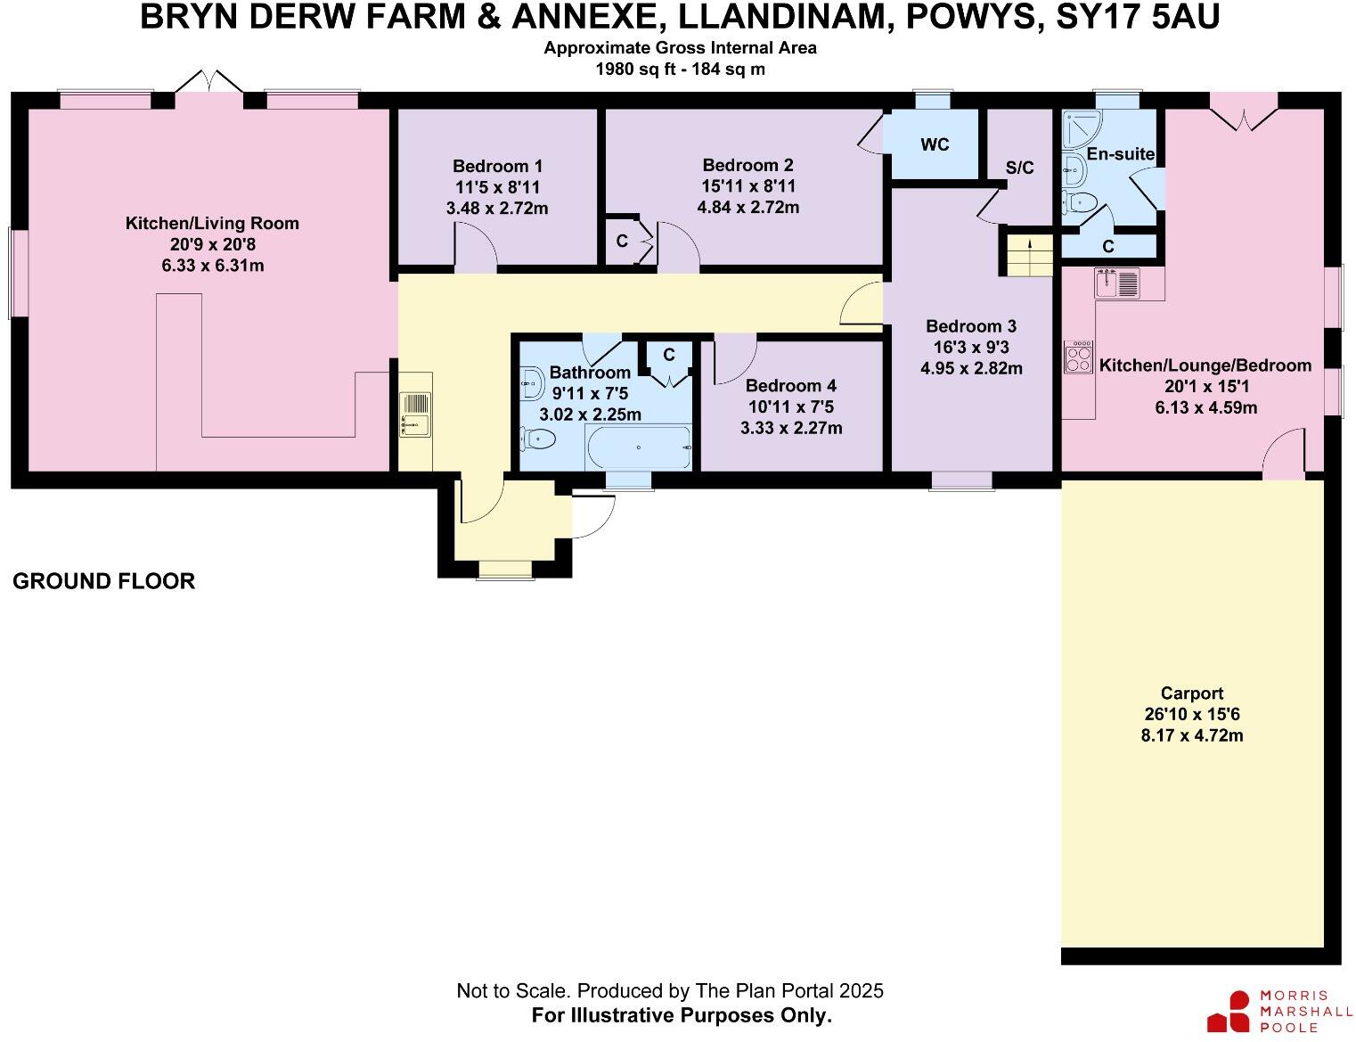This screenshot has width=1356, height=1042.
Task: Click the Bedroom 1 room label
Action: [x=497, y=166]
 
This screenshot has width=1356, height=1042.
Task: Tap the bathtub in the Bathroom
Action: [x=638, y=447]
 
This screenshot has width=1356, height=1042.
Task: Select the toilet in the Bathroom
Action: [x=538, y=439]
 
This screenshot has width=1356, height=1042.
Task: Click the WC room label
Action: [x=935, y=144]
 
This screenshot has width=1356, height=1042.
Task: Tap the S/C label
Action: [x=1020, y=168]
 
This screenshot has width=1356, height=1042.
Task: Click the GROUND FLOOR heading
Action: [x=103, y=581]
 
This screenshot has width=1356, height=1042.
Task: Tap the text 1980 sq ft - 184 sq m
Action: [x=680, y=69]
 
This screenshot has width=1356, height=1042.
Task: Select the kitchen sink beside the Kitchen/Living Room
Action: [x=415, y=414]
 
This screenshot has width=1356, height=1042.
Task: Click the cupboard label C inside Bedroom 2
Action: [x=622, y=242]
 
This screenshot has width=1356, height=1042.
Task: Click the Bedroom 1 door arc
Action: [x=476, y=248]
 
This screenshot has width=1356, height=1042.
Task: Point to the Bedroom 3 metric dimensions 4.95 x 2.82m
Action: [x=971, y=368]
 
